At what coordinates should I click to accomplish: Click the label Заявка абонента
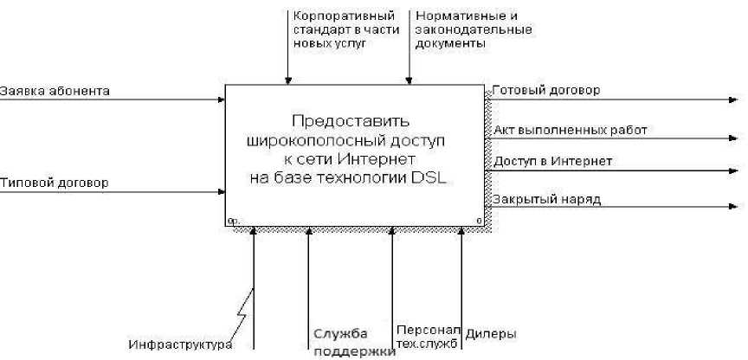(x=55, y=90)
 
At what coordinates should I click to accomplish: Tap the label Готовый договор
(x=546, y=89)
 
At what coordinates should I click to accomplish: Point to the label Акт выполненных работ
(x=571, y=131)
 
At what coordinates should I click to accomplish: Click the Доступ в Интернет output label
(x=553, y=161)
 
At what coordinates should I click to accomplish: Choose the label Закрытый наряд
(x=547, y=200)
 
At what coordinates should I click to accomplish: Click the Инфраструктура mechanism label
(x=181, y=344)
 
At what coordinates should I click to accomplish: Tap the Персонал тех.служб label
(x=427, y=337)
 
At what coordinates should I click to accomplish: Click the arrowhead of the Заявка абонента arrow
(x=221, y=99)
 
